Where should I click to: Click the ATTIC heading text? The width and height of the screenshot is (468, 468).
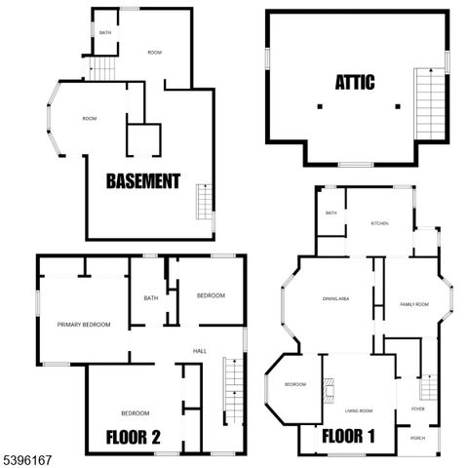(354, 82)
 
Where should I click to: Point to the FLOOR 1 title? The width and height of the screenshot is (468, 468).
(350, 435)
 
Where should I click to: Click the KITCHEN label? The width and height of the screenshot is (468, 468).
(379, 223)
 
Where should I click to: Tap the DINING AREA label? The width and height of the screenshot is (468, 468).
(336, 298)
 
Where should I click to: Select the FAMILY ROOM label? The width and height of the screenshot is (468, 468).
(414, 304)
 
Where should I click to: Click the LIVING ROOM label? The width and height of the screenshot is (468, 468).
(359, 410)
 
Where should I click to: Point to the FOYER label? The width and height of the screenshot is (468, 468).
(417, 409)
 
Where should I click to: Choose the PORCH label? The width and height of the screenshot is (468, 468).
(417, 438)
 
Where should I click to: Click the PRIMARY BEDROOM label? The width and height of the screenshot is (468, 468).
(83, 325)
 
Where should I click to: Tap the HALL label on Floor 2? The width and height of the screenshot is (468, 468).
(199, 351)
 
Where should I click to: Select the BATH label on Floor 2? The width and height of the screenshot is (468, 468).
(151, 298)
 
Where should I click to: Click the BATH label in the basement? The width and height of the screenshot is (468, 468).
(105, 33)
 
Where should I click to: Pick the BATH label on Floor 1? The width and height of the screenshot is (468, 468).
(331, 213)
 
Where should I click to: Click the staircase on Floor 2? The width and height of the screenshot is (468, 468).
(231, 390)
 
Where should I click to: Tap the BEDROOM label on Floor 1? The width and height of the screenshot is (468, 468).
(295, 384)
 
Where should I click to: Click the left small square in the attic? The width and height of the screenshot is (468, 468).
(320, 105)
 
